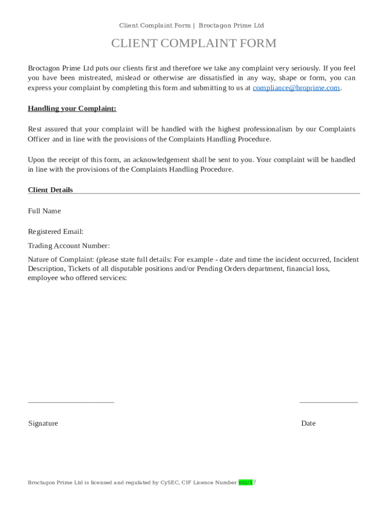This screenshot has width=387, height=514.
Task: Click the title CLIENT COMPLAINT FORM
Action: pyautogui.click(x=193, y=44)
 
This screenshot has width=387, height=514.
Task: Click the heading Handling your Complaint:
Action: pyautogui.click(x=72, y=108)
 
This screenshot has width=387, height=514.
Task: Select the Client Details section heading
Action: pyautogui.click(x=50, y=190)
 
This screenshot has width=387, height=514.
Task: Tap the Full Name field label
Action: pyautogui.click(x=44, y=211)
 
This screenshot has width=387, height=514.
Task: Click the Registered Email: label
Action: pyautogui.click(x=55, y=231)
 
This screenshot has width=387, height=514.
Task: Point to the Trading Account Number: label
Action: pyautogui.click(x=68, y=245)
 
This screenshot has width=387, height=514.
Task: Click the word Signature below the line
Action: pyautogui.click(x=43, y=423)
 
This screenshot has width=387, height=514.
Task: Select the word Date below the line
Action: pyautogui.click(x=308, y=423)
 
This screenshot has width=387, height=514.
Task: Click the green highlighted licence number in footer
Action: pyautogui.click(x=246, y=482)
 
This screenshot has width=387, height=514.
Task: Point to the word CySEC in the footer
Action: pyautogui.click(x=169, y=482)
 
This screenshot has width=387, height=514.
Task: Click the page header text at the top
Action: pyautogui.click(x=191, y=26)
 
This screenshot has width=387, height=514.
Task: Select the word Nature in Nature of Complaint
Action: pyautogui.click(x=39, y=260)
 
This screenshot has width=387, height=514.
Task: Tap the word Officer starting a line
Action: pyautogui.click(x=39, y=139)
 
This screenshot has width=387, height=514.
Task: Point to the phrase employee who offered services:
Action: pyautogui.click(x=77, y=278)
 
